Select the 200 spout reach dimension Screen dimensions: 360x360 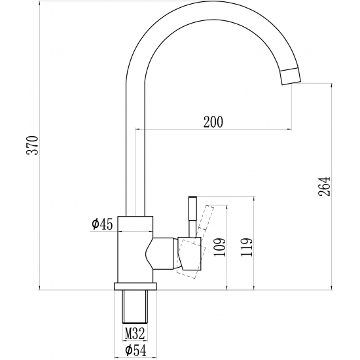(x=213, y=121)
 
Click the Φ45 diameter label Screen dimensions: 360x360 (x=103, y=225)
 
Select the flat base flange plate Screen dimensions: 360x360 (x=136, y=286)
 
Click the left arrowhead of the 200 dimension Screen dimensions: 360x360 (x=137, y=129)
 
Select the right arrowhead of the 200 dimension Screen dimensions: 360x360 (x=288, y=129)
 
